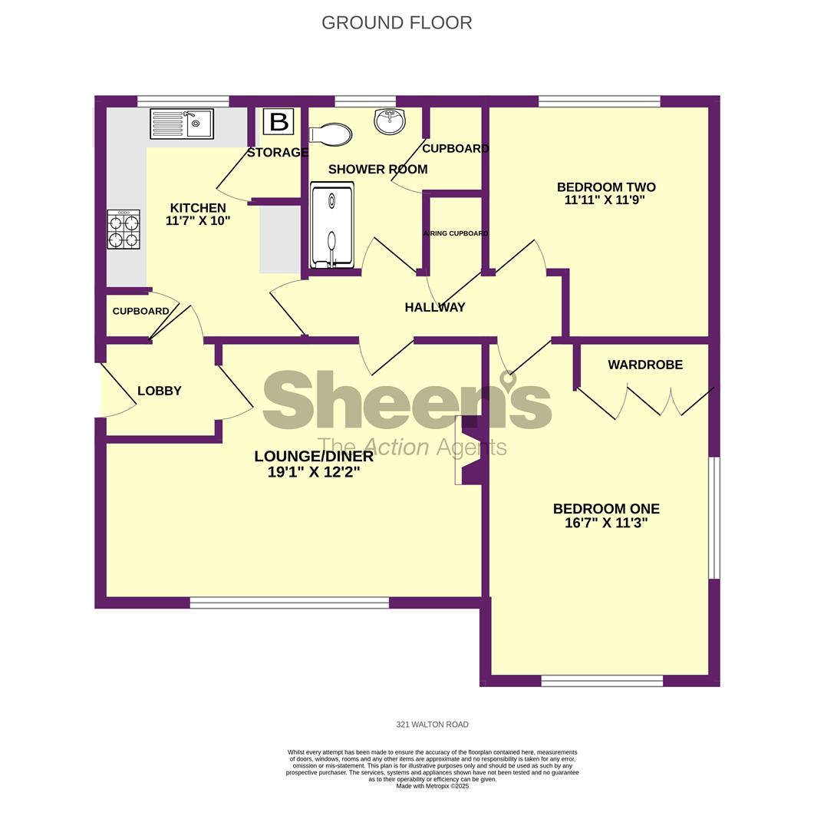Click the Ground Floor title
397,23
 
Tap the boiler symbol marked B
279,122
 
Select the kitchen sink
183,123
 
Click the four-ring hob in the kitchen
123,230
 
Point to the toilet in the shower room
331,134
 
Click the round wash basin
391,121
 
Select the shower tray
331,226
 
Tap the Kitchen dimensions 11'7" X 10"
198,221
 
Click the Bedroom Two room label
606,187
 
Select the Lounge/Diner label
314,457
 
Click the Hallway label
435,307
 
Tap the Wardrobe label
645,365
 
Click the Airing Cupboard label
456,233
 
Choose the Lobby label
160,391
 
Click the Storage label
278,153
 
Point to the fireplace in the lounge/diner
468,450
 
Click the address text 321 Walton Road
432,724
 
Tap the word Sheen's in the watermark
407,401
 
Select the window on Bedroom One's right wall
713,518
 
